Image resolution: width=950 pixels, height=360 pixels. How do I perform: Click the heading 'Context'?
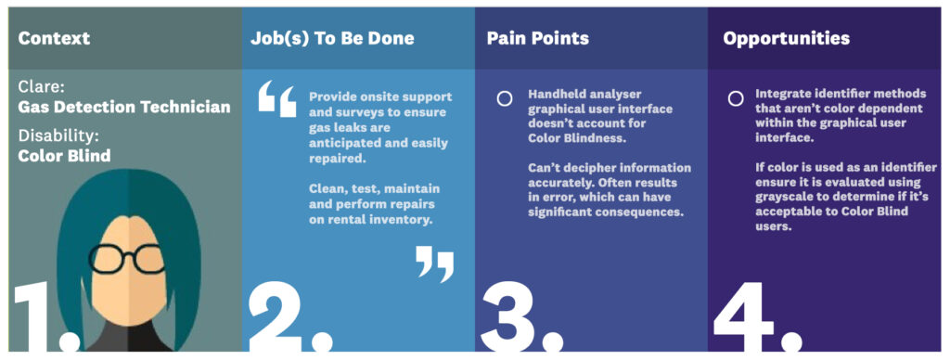(54, 38)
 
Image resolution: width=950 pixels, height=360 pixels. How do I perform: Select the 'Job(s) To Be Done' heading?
(331, 38)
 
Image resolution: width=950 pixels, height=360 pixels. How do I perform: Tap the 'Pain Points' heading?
(537, 38)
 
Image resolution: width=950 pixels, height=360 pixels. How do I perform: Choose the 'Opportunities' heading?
(786, 38)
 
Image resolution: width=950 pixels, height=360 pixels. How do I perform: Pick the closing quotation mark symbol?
(435, 263)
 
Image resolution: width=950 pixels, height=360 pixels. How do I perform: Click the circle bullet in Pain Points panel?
(505, 98)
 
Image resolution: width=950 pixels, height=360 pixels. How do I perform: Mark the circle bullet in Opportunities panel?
(735, 98)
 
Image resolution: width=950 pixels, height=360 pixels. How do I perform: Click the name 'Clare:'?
(40, 87)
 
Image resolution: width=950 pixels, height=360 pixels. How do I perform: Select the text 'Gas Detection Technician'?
(123, 107)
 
